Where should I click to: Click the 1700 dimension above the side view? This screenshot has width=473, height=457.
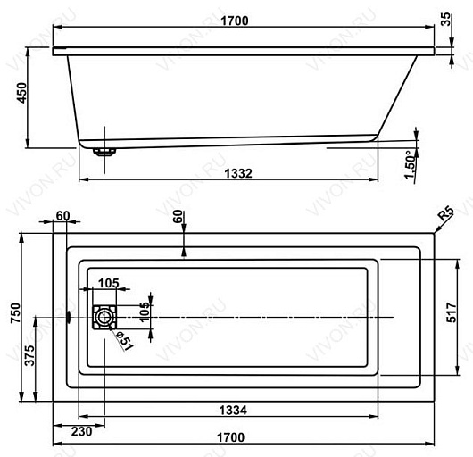click(235, 21)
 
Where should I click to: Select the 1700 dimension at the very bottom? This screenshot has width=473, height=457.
click(231, 437)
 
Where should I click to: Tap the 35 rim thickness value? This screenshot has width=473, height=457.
click(445, 19)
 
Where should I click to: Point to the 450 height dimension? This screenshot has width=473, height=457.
click(22, 93)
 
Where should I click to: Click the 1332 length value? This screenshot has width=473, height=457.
click(238, 173)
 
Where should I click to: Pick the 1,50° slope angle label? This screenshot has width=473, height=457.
click(410, 165)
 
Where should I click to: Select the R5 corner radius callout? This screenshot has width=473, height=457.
click(446, 213)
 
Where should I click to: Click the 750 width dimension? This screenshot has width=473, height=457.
click(15, 313)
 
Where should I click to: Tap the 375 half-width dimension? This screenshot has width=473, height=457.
click(29, 356)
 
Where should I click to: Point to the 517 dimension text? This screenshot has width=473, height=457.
click(452, 312)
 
